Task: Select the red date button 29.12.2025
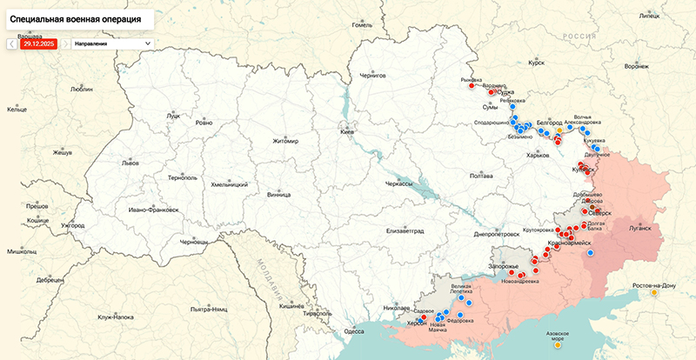pyautogui.click(x=39, y=43)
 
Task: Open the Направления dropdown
pyautogui.click(x=112, y=43)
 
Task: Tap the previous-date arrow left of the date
pyautogui.click(x=11, y=43)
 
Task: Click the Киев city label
pyautogui.click(x=346, y=131)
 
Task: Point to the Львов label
pyautogui.click(x=130, y=163)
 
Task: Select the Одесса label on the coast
pyautogui.click(x=354, y=331)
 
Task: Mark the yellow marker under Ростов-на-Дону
pyautogui.click(x=654, y=294)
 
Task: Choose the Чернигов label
pyautogui.click(x=372, y=77)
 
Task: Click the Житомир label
pyautogui.click(x=285, y=141)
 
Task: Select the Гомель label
pyautogui.click(x=361, y=25)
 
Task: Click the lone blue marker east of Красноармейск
pyautogui.click(x=590, y=252)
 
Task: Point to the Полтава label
pyautogui.click(x=481, y=176)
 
